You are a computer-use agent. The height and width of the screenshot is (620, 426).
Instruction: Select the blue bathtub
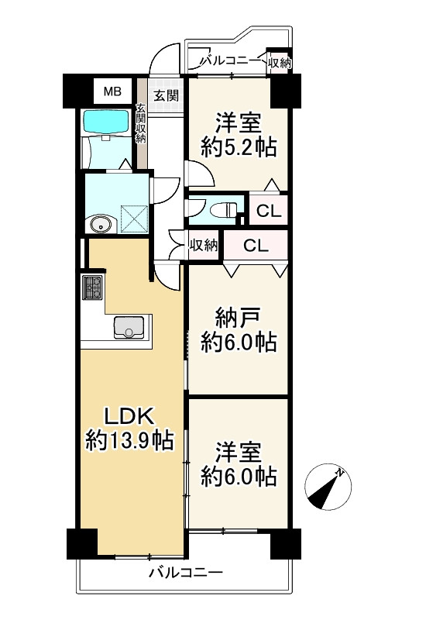tap(108, 122)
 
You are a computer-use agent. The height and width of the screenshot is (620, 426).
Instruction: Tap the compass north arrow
tap(328, 484)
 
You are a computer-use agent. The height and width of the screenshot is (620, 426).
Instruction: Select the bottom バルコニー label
tap(185, 574)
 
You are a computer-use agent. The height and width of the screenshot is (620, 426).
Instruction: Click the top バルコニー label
tap(231, 60)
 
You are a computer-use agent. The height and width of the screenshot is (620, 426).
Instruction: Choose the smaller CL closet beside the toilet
tap(268, 210)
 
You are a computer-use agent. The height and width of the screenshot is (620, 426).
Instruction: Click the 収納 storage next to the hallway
tap(204, 246)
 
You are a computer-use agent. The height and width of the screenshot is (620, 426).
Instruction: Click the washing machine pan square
tap(135, 219)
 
